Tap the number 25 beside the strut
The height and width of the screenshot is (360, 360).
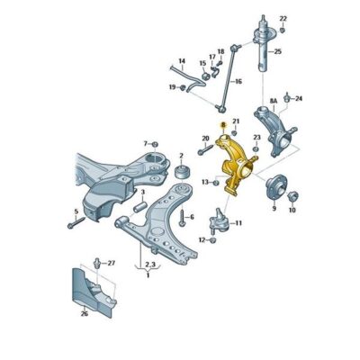pyautogui.click(x=278, y=51)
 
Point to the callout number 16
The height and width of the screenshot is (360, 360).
pyautogui.click(x=238, y=81)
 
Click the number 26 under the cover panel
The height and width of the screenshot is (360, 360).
pyautogui.click(x=85, y=315)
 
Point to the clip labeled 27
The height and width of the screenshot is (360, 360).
pyautogui.click(x=97, y=263)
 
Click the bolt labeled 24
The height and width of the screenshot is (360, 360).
pyautogui.click(x=287, y=96)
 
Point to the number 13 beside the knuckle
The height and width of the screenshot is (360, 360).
pyautogui.click(x=204, y=183)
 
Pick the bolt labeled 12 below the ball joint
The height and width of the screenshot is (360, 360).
pyautogui.click(x=211, y=240)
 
